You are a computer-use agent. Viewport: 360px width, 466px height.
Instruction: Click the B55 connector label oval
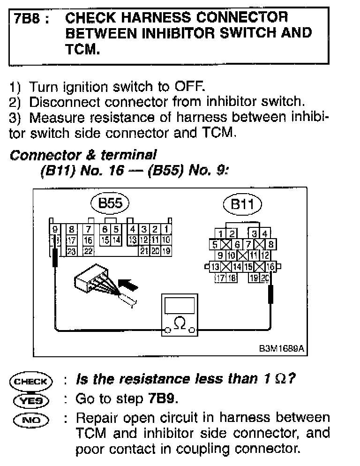click(110, 203)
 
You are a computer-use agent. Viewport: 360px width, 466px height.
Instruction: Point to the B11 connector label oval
click(242, 205)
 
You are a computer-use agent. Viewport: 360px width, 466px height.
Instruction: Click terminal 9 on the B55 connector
click(55, 230)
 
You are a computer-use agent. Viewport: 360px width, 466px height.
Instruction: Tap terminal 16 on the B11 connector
click(271, 267)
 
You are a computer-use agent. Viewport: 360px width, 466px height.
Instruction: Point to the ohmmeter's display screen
click(180, 307)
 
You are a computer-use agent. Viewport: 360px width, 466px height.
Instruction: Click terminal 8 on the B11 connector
click(270, 244)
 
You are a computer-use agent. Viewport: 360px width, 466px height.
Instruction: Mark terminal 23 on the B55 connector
click(72, 251)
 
